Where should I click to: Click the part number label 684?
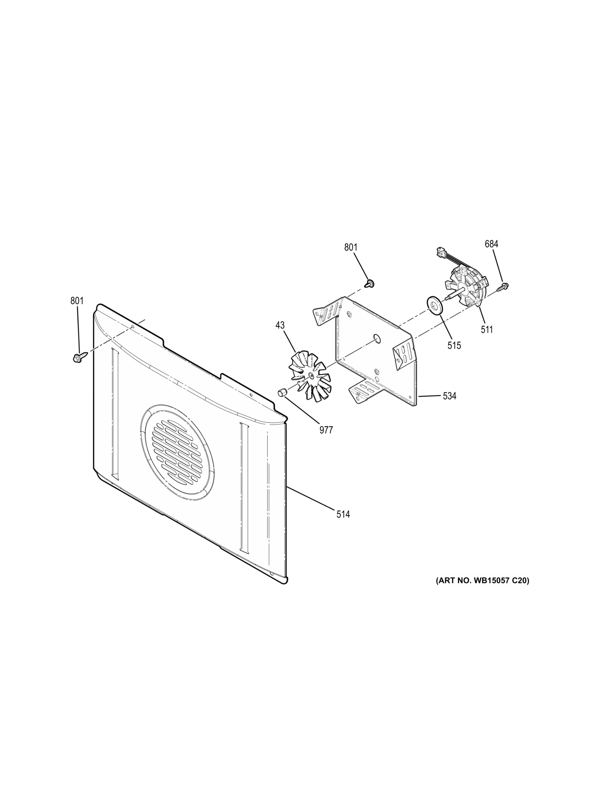(x=491, y=244)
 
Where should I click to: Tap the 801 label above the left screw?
(x=77, y=301)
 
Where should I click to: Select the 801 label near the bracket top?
(x=350, y=248)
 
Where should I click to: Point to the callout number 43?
(x=280, y=325)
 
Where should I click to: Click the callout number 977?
(x=326, y=430)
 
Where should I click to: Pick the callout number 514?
(x=343, y=514)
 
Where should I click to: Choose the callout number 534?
(x=449, y=396)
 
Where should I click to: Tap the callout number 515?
(x=454, y=345)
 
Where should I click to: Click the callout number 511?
(x=487, y=330)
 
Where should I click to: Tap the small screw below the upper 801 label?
(x=370, y=283)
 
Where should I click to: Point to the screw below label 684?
(x=504, y=287)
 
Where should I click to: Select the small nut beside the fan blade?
(x=282, y=392)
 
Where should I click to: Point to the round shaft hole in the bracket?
(x=377, y=338)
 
